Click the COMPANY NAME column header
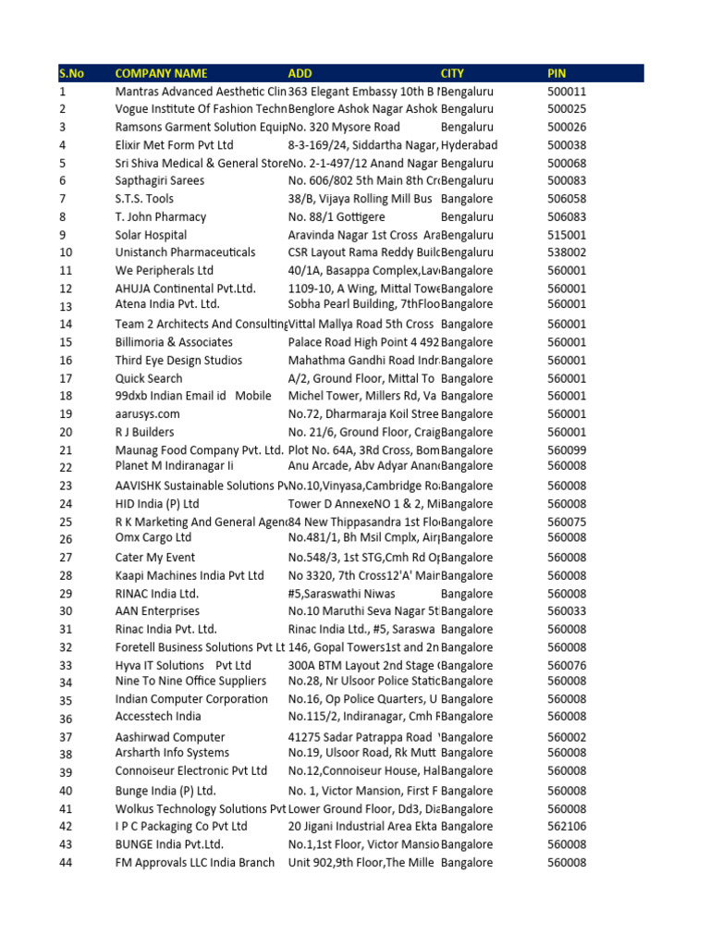pyautogui.click(x=161, y=73)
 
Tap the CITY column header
pyautogui.click(x=452, y=73)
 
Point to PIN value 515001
pyautogui.click(x=567, y=235)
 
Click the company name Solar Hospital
pyautogui.click(x=151, y=235)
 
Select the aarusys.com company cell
pyautogui.click(x=147, y=414)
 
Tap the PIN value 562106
pyautogui.click(x=567, y=827)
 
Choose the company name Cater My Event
pyautogui.click(x=155, y=558)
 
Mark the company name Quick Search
pyautogui.click(x=149, y=378)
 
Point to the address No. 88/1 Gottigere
pyautogui.click(x=339, y=217)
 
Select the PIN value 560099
pyautogui.click(x=567, y=450)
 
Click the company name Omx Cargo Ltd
pyautogui.click(x=153, y=537)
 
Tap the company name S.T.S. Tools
pyautogui.click(x=144, y=199)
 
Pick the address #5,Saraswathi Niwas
pyautogui.click(x=341, y=594)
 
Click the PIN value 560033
pyautogui.click(x=567, y=611)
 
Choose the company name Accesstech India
pyautogui.click(x=158, y=717)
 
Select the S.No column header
pyautogui.click(x=71, y=73)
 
